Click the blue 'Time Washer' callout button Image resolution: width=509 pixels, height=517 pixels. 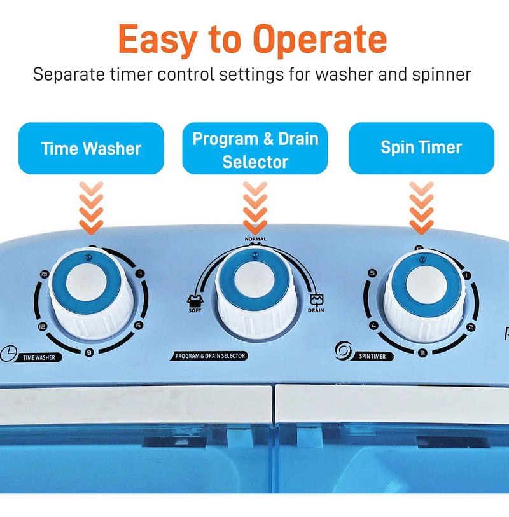point(91,148)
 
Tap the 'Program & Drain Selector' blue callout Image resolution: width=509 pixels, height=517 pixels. point(255,148)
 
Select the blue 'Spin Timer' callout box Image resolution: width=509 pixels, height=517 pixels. point(422,148)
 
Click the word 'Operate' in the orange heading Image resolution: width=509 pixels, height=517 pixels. point(320,39)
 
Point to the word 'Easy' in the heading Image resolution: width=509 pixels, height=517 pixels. point(158,40)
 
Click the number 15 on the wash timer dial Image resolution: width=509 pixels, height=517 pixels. point(44,274)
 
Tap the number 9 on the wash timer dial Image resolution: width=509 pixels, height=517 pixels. point(88,352)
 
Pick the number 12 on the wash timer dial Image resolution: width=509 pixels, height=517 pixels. point(42,326)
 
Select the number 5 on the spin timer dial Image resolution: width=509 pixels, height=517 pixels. point(372,273)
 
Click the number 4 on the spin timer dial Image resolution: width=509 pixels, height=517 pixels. point(373,326)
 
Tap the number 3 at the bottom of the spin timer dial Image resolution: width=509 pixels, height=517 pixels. point(422,353)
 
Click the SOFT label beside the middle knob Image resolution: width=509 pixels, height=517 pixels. point(195,310)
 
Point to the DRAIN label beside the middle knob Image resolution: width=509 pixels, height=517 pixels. point(316,310)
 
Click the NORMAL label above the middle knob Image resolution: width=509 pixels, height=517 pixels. point(255,239)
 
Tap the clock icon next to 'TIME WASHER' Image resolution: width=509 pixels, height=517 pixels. point(8,354)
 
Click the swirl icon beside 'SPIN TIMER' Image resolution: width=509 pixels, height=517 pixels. point(344,350)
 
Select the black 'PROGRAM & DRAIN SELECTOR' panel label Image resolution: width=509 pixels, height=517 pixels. point(209,355)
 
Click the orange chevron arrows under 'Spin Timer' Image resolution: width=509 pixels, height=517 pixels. point(422,208)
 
